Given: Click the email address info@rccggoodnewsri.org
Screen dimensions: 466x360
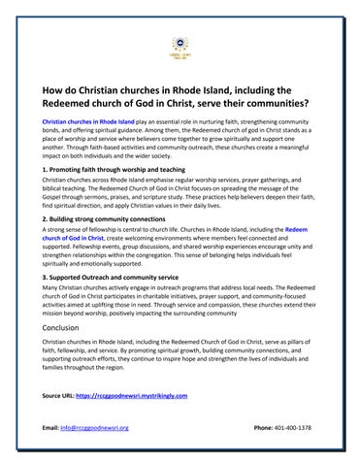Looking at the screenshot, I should tap(94, 428).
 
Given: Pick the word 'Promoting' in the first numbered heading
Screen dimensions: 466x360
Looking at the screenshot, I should tap(69, 170).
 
